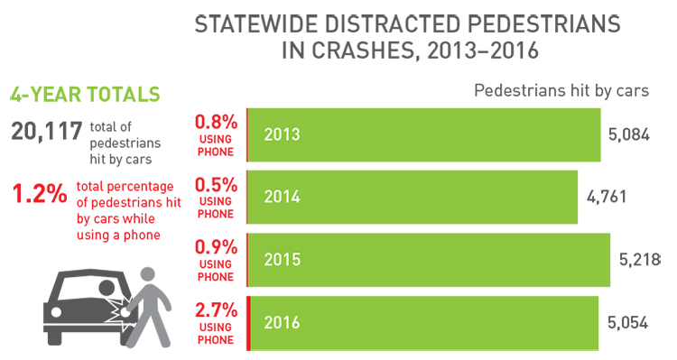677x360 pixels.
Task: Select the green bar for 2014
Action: click(413, 197)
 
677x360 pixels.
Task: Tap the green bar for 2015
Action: click(429, 259)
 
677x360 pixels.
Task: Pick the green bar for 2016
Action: click(422, 321)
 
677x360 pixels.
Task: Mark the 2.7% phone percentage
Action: click(217, 309)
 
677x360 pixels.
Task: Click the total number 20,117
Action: click(46, 133)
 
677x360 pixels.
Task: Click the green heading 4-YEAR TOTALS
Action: click(85, 94)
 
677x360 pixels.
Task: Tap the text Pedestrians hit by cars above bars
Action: click(561, 91)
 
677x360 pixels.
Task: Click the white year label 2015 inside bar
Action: click(283, 259)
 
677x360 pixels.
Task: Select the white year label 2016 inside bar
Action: click(283, 321)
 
